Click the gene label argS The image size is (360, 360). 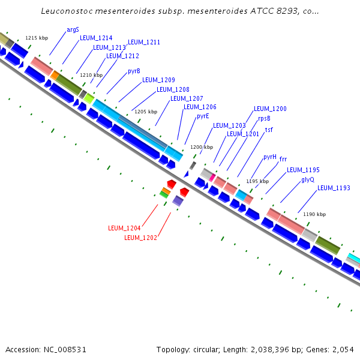pos(73,29)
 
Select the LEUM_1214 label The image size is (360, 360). pos(96,38)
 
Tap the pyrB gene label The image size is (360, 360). pos(134,71)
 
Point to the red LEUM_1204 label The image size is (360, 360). pos(124,228)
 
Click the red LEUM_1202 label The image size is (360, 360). pos(140,238)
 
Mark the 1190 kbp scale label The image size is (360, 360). pos(314,214)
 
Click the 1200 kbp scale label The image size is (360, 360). pos(202,147)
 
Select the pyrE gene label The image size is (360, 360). pos(203,116)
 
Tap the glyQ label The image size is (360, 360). pos(308,179)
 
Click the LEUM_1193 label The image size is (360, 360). pos(334,188)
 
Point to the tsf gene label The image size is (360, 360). pos(269,130)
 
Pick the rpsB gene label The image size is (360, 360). pos(264,119)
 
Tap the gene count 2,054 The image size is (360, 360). pos(343,349)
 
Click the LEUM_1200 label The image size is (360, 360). pos(270,109)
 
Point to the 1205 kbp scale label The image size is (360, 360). pos(145,112)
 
